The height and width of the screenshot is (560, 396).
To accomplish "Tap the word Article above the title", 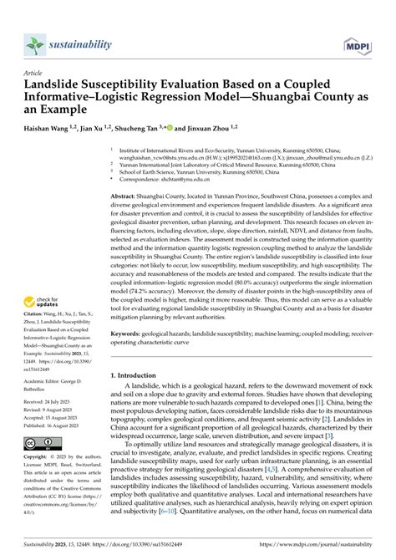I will (x=33, y=73).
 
